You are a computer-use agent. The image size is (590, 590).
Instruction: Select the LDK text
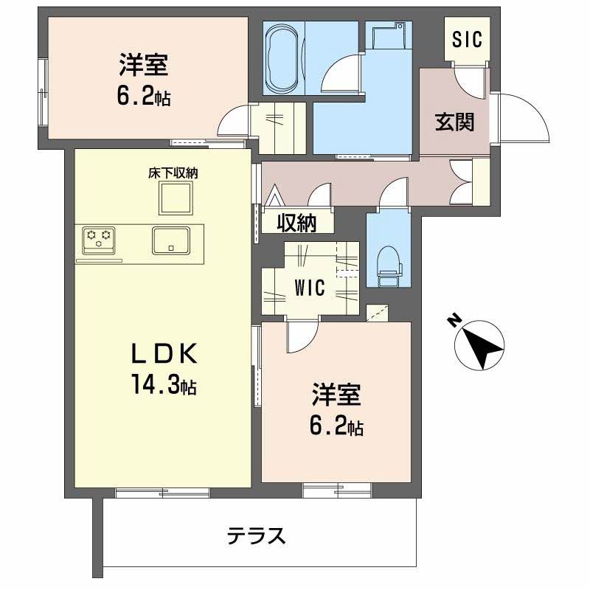[164, 355]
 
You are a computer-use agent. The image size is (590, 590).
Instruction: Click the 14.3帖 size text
[164, 385]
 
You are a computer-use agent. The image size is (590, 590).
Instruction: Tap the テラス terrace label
[256, 535]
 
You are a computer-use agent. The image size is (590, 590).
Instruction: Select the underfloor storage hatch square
[175, 198]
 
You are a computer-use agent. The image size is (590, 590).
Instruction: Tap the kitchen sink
[171, 240]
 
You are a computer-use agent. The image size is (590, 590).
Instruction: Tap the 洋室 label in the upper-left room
[145, 65]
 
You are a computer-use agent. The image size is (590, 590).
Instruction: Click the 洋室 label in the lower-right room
[336, 395]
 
